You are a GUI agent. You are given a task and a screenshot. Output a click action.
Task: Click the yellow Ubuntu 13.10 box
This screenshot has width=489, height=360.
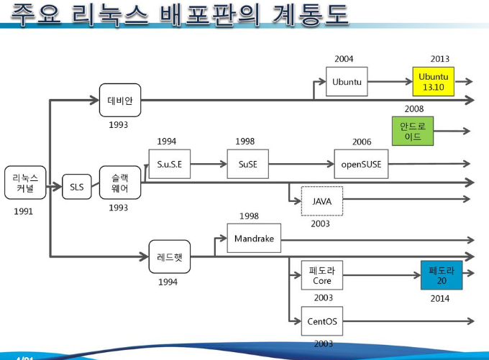click(x=433, y=82)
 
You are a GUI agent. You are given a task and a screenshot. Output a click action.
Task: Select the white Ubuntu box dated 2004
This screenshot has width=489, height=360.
click(x=347, y=82)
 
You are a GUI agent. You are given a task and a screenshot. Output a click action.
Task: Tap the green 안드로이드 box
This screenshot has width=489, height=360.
click(x=413, y=131)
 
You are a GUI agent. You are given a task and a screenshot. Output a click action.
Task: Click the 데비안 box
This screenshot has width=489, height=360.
click(x=120, y=99)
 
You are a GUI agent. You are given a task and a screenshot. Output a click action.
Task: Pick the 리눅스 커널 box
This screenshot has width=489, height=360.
click(x=25, y=183)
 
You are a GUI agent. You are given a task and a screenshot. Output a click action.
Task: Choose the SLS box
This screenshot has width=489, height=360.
click(x=77, y=188)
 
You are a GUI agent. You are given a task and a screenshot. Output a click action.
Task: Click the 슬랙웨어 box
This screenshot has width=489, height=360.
click(x=119, y=183)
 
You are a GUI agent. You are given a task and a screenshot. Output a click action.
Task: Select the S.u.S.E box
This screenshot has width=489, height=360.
click(x=170, y=164)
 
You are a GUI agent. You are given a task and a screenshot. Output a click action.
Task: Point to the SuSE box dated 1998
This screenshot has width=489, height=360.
click(x=247, y=164)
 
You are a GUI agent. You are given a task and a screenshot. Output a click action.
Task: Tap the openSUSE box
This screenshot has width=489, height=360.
click(x=361, y=164)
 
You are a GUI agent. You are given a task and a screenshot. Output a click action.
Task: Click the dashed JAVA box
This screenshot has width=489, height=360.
click(x=321, y=201)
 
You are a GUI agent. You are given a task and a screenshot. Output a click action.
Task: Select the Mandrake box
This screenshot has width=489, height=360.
click(x=254, y=239)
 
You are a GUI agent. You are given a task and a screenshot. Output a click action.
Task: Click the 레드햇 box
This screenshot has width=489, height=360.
click(x=170, y=257)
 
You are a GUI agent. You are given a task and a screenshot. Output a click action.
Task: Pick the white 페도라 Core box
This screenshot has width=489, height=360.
click(x=321, y=275)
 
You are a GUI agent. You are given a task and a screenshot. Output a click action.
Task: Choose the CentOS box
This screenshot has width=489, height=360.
click(x=321, y=321)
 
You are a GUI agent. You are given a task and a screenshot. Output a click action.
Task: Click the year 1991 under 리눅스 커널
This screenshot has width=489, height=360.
click(x=23, y=212)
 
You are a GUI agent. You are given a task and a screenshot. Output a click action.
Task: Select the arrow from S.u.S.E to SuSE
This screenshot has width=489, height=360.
click(x=209, y=164)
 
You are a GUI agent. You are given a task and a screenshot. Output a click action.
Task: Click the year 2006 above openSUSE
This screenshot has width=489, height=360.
click(x=362, y=142)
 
